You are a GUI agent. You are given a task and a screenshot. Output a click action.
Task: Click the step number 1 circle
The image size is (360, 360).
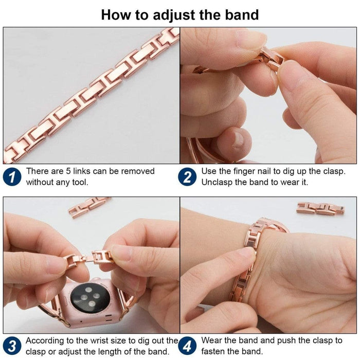tap(12, 177)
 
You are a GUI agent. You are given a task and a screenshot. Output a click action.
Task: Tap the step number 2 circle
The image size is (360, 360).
tap(187, 177)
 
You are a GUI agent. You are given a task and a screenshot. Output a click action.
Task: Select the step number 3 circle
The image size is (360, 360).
tap(12, 346)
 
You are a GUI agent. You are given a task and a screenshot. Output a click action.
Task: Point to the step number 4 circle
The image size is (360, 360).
tap(187, 346)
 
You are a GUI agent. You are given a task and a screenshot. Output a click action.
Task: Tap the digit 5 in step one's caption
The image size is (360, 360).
tap(68, 171)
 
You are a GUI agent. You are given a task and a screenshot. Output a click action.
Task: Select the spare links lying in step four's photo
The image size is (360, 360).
tap(320, 208)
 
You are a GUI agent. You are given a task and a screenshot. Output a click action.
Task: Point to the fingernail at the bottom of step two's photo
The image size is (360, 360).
tap(238, 140)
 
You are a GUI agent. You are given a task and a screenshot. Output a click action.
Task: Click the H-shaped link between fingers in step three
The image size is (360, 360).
tap(102, 257)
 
